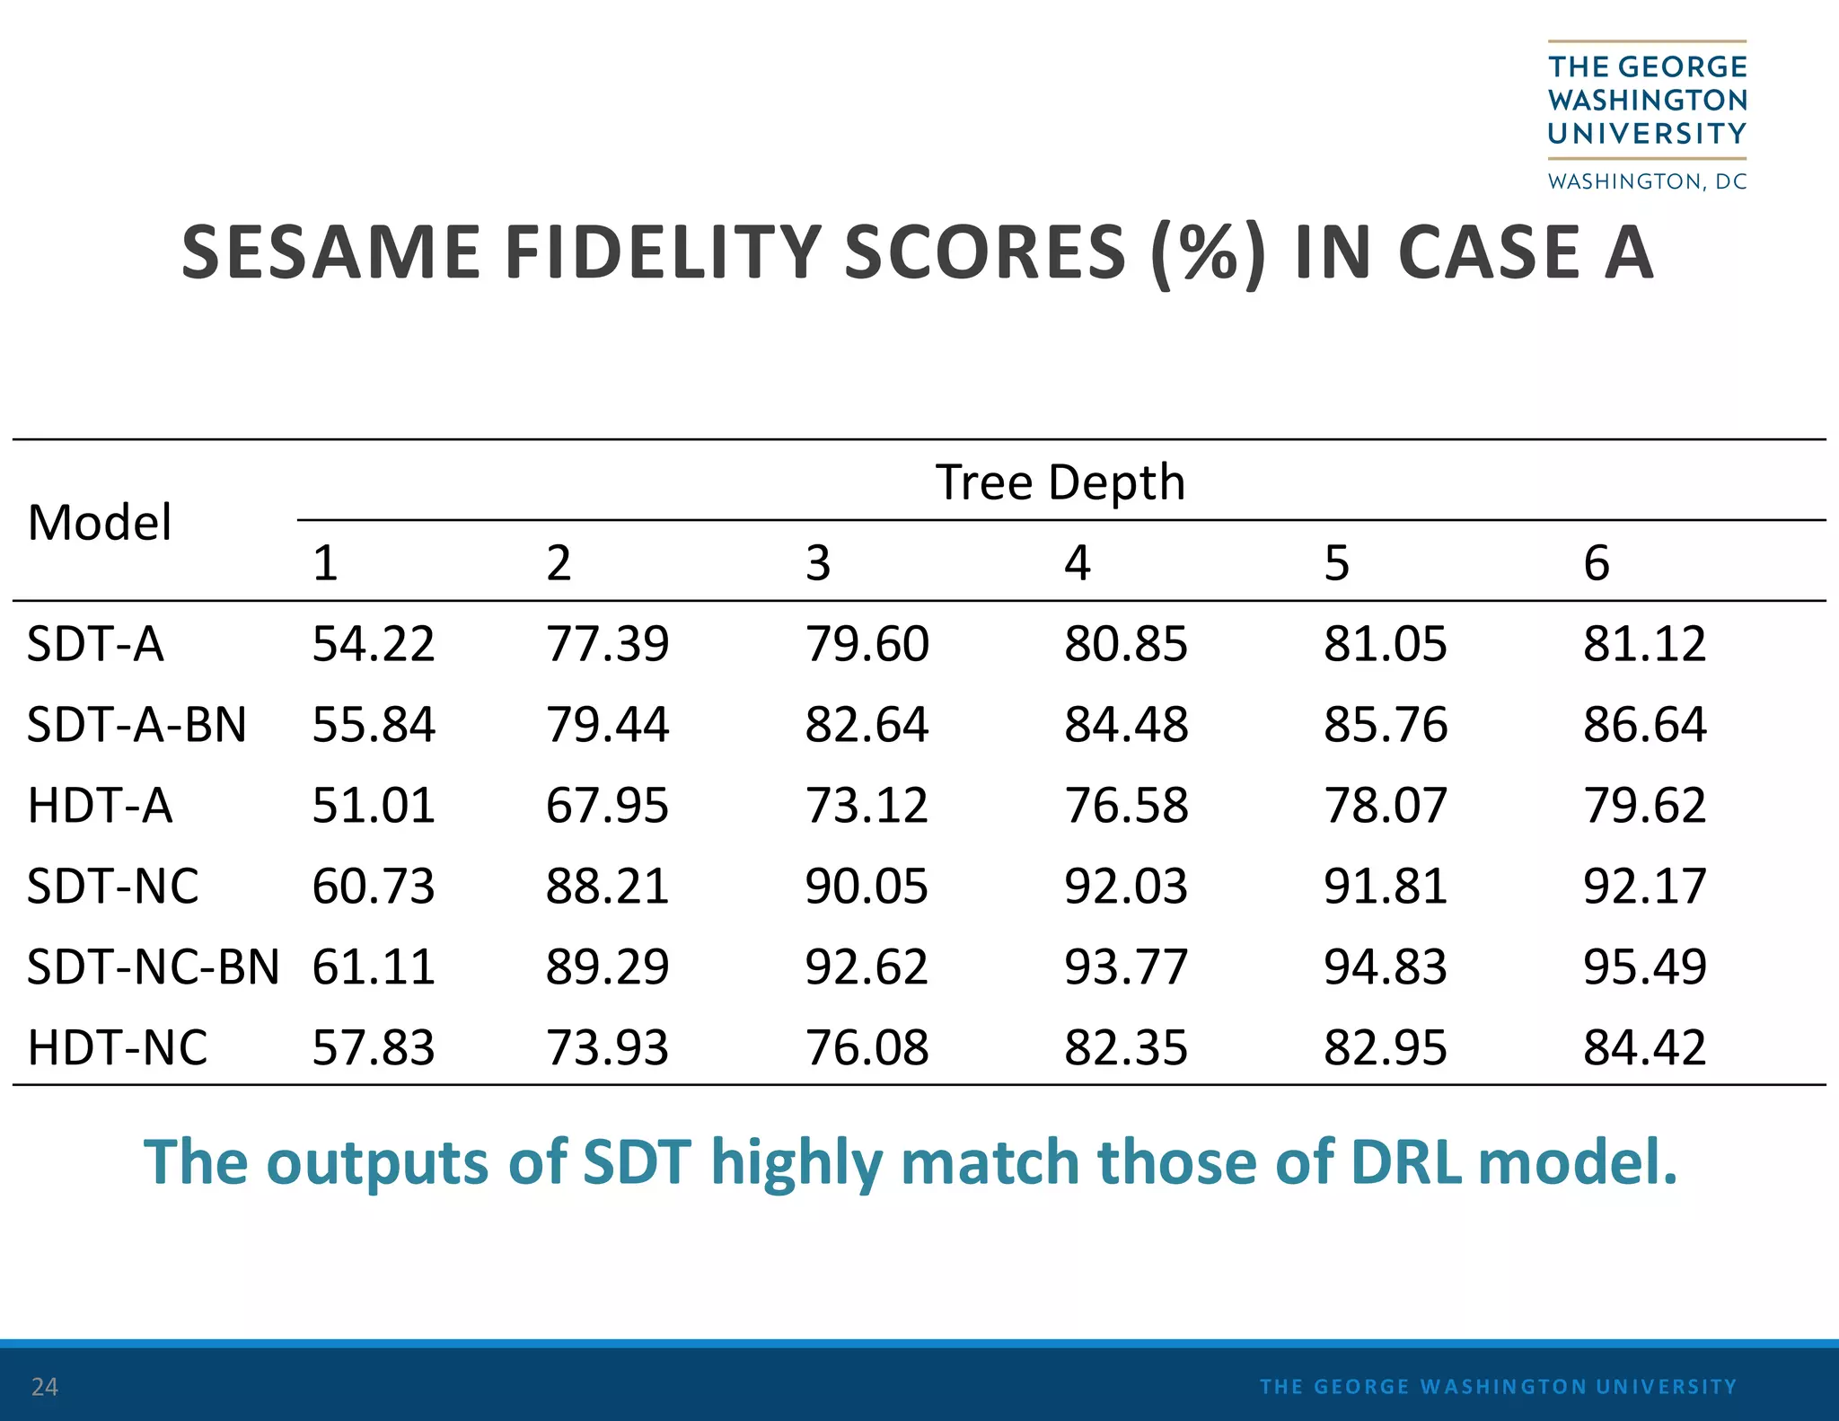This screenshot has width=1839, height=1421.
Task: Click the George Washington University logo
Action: (1647, 116)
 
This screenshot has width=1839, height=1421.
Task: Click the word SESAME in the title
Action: (330, 252)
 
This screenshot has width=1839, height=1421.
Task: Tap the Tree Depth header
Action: (1060, 482)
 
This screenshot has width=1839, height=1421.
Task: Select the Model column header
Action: (99, 523)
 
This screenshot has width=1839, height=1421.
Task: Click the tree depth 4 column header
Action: (1077, 563)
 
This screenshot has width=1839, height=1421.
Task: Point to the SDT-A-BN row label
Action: (136, 725)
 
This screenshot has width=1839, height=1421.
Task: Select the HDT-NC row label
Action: (118, 1048)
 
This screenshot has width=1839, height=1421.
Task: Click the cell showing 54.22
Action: (374, 644)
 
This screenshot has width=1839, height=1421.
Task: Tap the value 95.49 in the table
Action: (1644, 967)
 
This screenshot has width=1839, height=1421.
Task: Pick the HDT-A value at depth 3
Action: (867, 806)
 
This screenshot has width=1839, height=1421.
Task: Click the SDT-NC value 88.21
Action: (607, 887)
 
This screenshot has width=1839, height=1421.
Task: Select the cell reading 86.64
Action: (1644, 725)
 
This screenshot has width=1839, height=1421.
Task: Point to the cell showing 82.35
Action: (1126, 1048)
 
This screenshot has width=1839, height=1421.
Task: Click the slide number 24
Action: (44, 1387)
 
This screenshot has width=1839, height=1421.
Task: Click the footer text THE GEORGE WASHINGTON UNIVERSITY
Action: (1498, 1387)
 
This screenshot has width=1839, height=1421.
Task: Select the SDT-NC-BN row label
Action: (153, 967)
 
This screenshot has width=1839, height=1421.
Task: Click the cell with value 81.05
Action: (1385, 644)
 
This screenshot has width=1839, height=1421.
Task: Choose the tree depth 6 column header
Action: (1596, 563)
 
